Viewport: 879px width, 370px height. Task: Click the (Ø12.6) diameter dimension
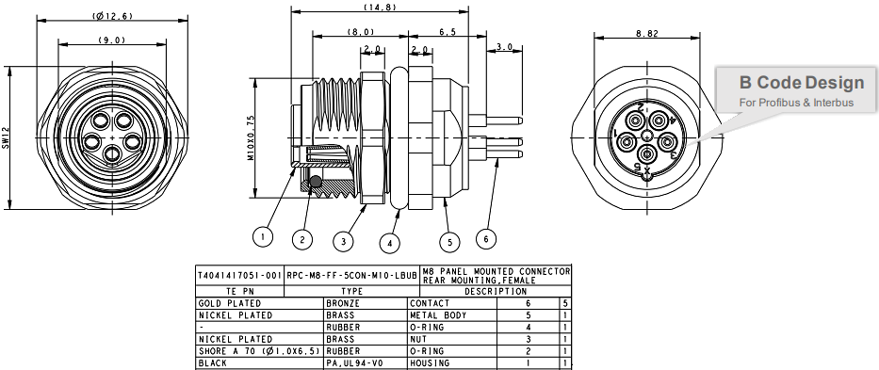(x=112, y=16)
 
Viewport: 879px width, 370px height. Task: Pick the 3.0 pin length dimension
(x=503, y=46)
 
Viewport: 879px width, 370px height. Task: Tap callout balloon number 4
(x=389, y=242)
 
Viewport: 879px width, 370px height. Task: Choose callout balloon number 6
(x=486, y=238)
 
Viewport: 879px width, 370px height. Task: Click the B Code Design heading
(x=801, y=83)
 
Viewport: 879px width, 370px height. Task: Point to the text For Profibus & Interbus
(x=796, y=102)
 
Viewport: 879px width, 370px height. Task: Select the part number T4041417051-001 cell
(x=239, y=275)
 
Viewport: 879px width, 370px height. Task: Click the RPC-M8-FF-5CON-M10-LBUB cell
(x=350, y=275)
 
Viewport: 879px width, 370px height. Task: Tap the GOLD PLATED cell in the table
(x=223, y=304)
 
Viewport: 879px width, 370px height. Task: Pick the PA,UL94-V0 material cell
(x=350, y=362)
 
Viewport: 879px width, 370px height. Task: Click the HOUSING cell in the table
(x=431, y=362)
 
